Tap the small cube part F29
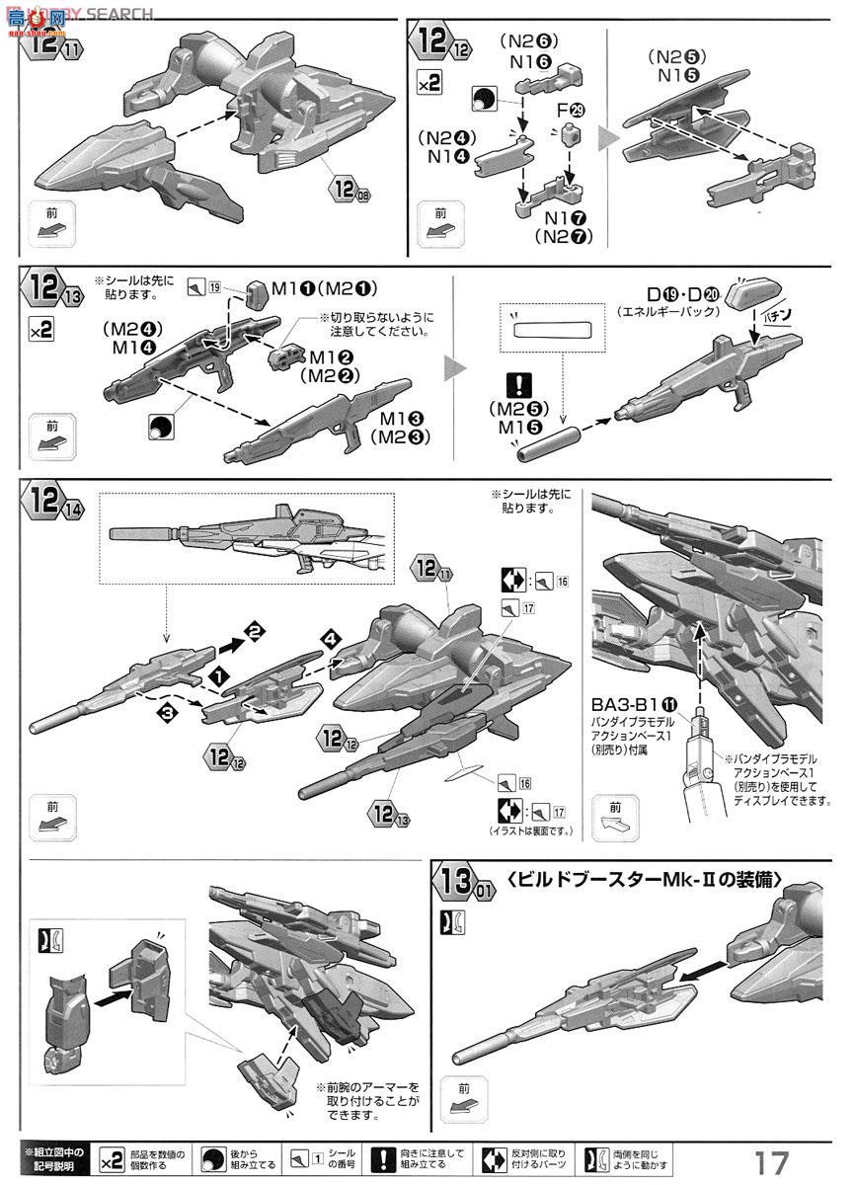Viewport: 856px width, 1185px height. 569,136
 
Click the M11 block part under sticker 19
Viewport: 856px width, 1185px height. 259,293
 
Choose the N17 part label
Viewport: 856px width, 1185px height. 562,218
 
